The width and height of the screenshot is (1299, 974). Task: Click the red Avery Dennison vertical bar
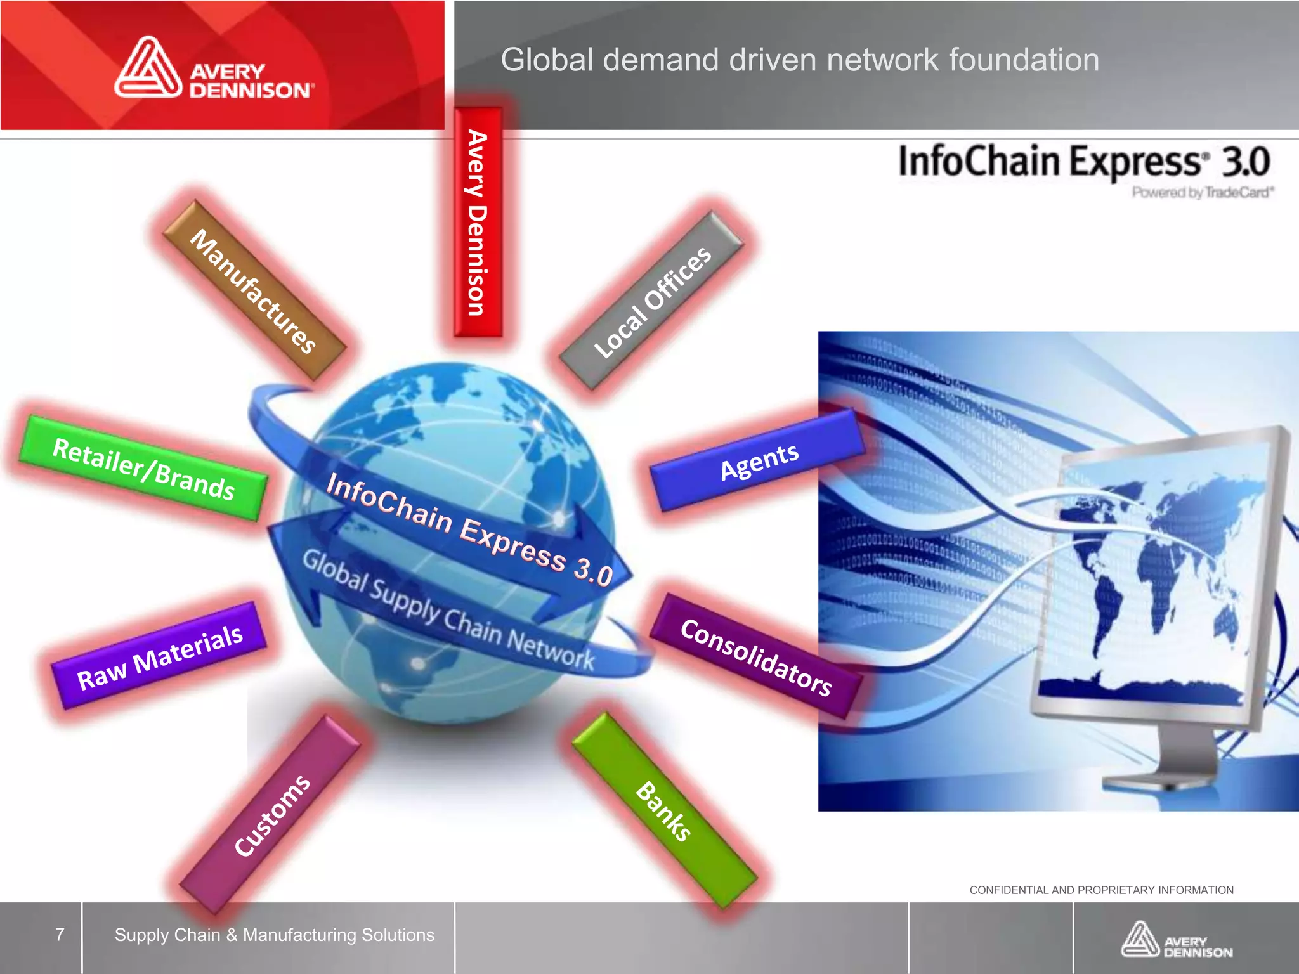tap(478, 222)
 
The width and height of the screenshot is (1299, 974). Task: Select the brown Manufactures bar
tap(254, 290)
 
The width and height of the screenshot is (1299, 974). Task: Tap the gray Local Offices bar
tap(652, 301)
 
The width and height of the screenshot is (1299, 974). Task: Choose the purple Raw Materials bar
tap(159, 656)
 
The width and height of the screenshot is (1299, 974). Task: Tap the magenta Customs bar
tap(271, 814)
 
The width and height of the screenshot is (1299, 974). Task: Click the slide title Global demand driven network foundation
tap(799, 60)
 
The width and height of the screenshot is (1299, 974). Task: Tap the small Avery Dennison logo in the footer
tap(1176, 940)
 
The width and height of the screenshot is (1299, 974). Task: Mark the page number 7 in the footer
tap(60, 935)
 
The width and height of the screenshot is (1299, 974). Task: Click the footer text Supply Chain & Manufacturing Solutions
tap(274, 935)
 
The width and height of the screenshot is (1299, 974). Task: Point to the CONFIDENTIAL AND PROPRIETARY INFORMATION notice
tap(1101, 890)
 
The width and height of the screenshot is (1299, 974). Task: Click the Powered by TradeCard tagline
tap(1203, 192)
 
